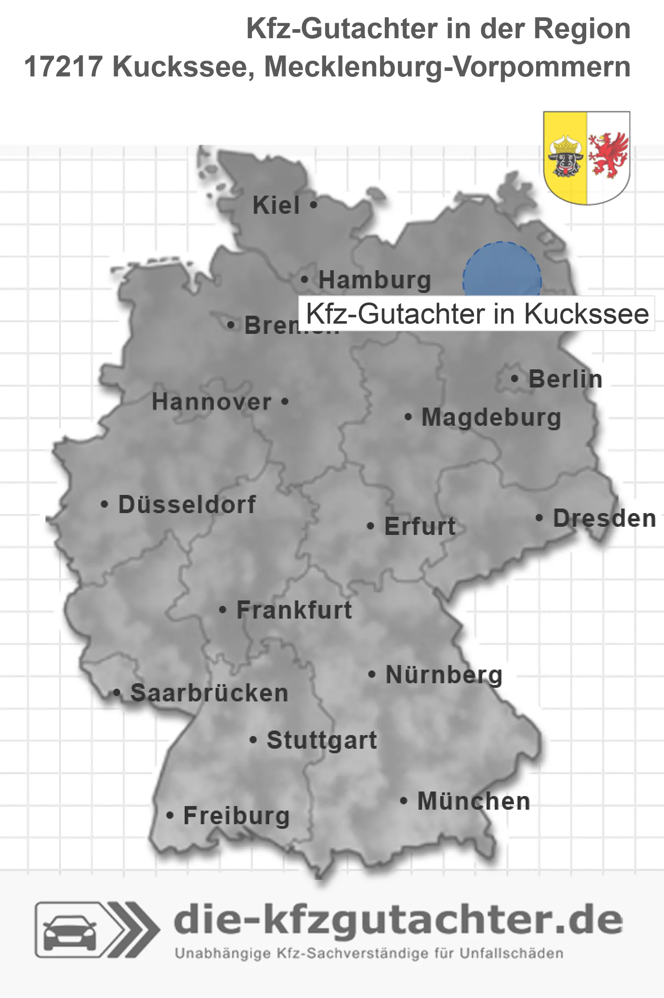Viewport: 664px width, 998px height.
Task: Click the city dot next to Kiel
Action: pyautogui.click(x=313, y=205)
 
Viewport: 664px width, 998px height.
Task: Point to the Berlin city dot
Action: pyautogui.click(x=514, y=378)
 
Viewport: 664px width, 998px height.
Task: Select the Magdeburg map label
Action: pyautogui.click(x=491, y=417)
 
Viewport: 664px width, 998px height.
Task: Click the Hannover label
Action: pyautogui.click(x=211, y=402)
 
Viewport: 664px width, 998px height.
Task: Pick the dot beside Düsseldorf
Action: pyautogui.click(x=105, y=504)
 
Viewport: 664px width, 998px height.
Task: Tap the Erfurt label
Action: pyautogui.click(x=420, y=526)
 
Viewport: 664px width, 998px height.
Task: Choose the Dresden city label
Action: pyautogui.click(x=604, y=518)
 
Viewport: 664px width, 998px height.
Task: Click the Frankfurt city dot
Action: pyautogui.click(x=222, y=610)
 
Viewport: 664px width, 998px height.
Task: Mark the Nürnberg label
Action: pyautogui.click(x=444, y=675)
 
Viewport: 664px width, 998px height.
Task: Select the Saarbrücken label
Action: pyautogui.click(x=209, y=693)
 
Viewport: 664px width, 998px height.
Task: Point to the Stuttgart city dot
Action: pyautogui.click(x=253, y=740)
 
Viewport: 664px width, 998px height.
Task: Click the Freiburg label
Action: pyautogui.click(x=236, y=816)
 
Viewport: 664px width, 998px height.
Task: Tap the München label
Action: pyautogui.click(x=474, y=801)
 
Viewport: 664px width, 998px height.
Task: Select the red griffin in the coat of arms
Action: pyautogui.click(x=608, y=155)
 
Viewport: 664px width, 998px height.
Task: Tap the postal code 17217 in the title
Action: pyautogui.click(x=63, y=66)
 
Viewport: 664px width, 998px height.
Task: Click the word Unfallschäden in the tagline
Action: pyautogui.click(x=511, y=953)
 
